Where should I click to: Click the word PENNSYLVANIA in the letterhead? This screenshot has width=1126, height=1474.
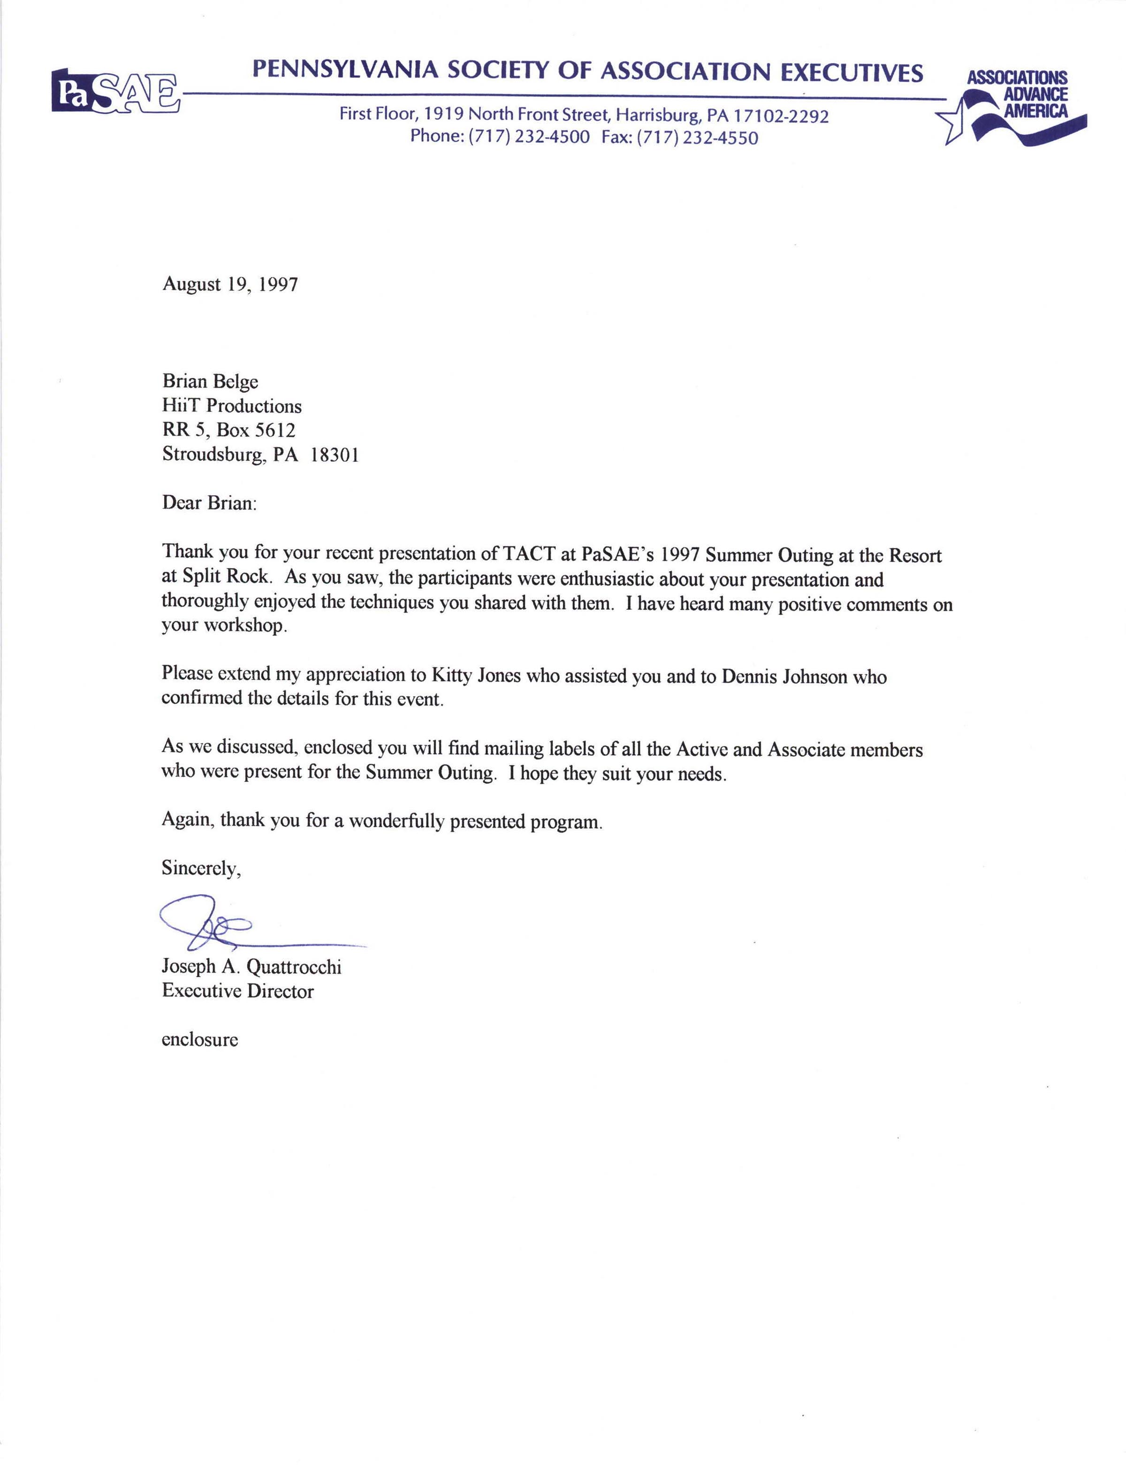[x=345, y=70]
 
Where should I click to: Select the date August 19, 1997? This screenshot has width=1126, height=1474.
[x=230, y=284]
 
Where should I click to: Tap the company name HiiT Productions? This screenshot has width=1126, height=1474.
[x=232, y=406]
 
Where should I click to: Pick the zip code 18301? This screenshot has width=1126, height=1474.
[x=335, y=455]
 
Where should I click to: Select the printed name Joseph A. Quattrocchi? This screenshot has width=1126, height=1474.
[x=251, y=967]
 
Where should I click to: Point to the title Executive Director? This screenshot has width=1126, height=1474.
[x=237, y=991]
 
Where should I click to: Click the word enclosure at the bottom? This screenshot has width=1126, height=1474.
[x=200, y=1039]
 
